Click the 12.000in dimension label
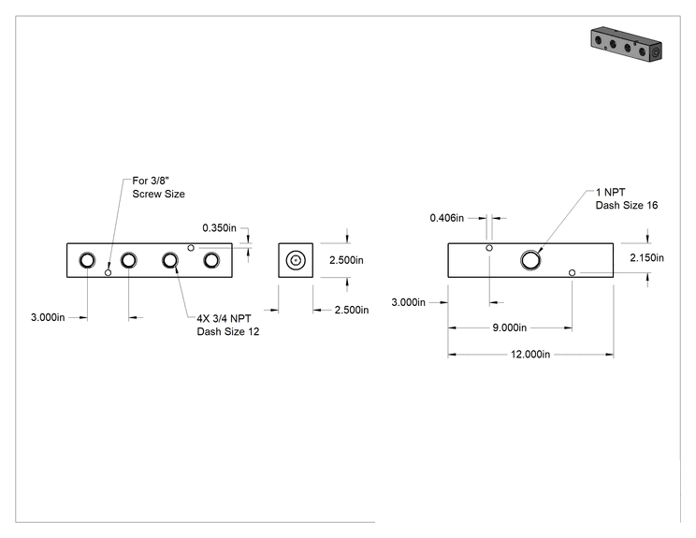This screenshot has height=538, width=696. (x=530, y=355)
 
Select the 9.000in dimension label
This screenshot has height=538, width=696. (x=509, y=327)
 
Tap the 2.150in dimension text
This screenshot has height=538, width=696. (x=646, y=257)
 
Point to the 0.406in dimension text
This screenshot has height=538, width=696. (x=446, y=218)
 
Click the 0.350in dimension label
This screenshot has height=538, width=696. (x=219, y=227)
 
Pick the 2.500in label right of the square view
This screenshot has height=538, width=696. (x=346, y=260)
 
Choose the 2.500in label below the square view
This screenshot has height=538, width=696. (x=352, y=310)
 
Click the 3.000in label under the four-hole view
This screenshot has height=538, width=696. (x=48, y=317)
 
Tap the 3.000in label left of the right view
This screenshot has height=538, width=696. (x=408, y=302)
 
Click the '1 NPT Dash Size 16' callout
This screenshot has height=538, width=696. (x=627, y=198)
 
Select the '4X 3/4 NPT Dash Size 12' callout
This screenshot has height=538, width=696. (x=227, y=325)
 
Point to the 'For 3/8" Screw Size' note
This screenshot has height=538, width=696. (x=158, y=187)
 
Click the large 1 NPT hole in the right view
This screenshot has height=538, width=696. (x=530, y=260)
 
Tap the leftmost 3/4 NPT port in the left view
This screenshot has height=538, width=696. (x=87, y=260)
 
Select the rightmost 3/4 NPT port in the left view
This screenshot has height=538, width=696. (x=211, y=260)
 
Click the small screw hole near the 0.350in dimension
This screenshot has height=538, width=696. (x=191, y=248)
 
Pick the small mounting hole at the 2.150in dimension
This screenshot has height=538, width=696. (x=573, y=272)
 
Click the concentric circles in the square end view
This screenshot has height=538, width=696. (x=296, y=260)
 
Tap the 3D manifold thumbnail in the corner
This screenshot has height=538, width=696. (x=627, y=44)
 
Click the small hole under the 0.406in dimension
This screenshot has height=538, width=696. (x=489, y=248)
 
